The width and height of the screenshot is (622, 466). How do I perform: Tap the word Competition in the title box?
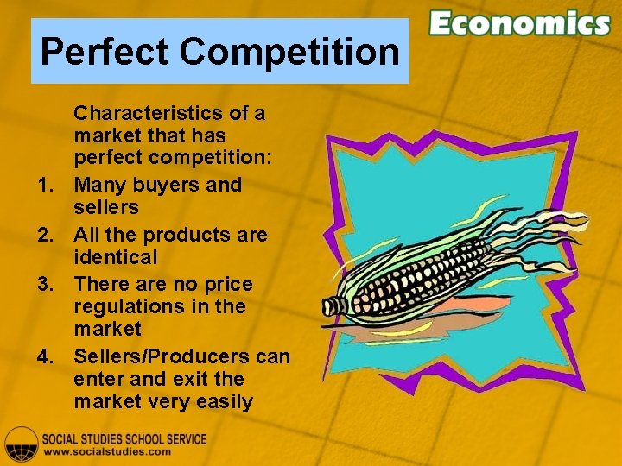coord(289,52)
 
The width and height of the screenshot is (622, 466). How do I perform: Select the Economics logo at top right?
coord(520,23)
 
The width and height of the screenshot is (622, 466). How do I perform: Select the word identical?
coord(116,257)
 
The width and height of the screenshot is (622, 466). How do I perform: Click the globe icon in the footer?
coord(21,444)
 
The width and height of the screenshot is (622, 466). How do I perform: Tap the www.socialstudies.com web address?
coord(107,451)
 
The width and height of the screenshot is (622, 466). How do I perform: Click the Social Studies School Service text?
coord(125,438)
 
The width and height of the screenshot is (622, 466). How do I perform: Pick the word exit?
coord(189,379)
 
